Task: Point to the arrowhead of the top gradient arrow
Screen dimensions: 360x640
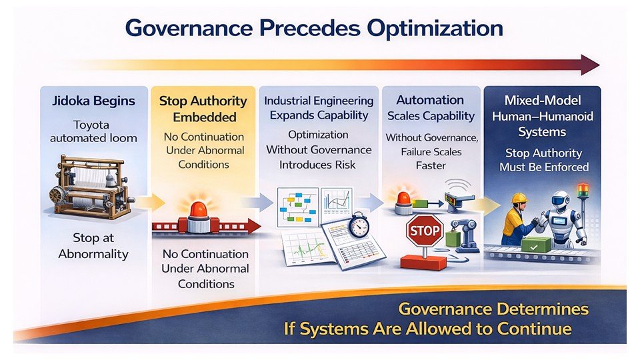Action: (x=590, y=65)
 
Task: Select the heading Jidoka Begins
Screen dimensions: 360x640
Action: (x=93, y=101)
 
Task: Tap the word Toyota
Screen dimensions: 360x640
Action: (x=93, y=125)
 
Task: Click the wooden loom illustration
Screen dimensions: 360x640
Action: (x=90, y=186)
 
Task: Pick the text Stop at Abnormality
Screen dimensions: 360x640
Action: (x=93, y=246)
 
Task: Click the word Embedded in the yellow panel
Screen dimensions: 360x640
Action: (x=203, y=117)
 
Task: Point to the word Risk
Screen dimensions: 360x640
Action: (x=343, y=164)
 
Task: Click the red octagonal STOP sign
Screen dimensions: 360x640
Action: (x=423, y=231)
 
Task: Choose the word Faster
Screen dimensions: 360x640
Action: (x=430, y=165)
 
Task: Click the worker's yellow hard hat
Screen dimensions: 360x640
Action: (x=519, y=198)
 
